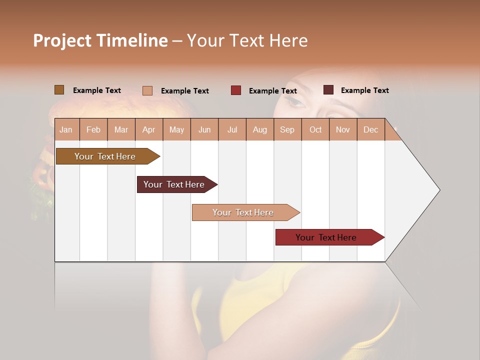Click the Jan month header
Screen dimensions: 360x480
point(66,129)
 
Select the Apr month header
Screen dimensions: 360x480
point(149,129)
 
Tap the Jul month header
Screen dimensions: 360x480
point(232,129)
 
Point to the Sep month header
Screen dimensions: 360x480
point(287,129)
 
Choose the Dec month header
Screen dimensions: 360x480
point(370,129)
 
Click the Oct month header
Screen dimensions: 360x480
point(315,129)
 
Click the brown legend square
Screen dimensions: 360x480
point(59,90)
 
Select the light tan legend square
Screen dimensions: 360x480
point(147,90)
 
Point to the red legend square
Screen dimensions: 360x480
point(235,90)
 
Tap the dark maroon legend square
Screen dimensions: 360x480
point(328,90)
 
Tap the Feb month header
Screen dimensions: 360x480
point(93,129)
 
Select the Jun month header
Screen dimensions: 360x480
point(204,129)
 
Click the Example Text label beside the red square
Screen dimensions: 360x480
point(272,91)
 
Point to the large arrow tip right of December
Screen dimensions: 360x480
point(430,190)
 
